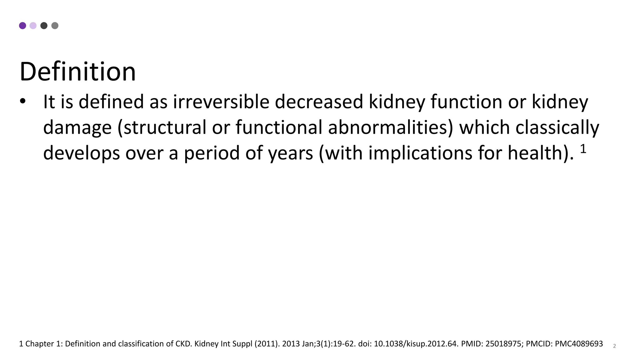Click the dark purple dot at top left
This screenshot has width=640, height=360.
point(22,26)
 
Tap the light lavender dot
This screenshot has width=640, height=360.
point(33,26)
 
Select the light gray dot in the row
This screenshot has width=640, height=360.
point(55,26)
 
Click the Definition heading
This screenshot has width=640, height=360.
point(77,72)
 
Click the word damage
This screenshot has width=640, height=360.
point(77,128)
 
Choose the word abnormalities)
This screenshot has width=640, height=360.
point(391,127)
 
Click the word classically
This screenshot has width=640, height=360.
point(557,127)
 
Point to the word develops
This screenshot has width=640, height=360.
point(82,153)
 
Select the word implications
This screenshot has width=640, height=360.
point(420,153)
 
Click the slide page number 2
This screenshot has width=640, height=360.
point(614,346)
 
